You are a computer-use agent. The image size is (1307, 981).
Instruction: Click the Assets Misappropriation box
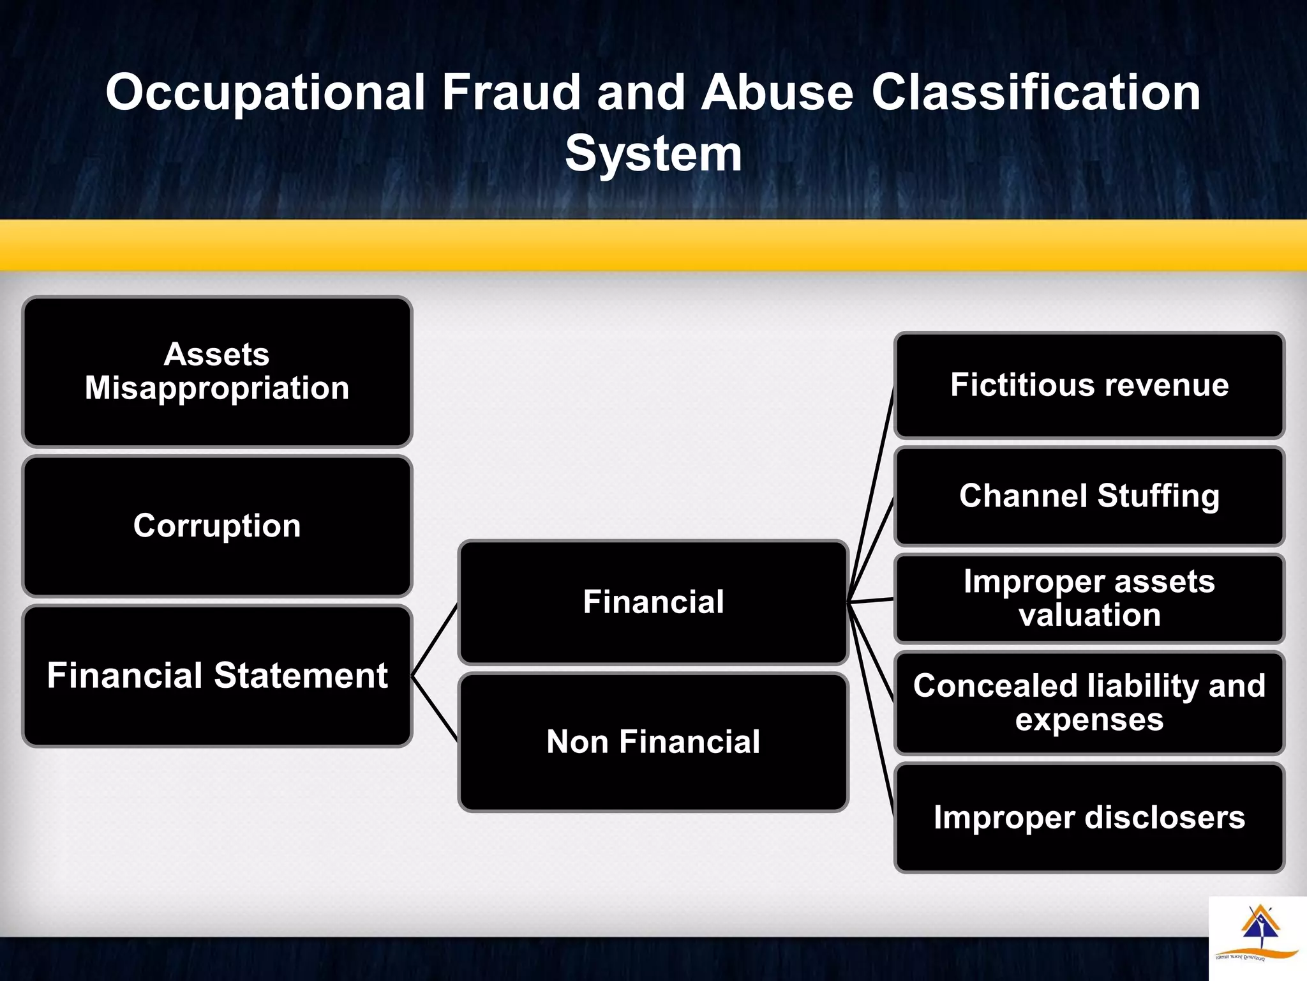217,371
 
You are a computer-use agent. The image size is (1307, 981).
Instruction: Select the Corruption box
217,526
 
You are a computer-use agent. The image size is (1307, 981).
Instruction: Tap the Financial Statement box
217,676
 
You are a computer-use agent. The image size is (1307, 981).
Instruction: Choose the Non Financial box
653,741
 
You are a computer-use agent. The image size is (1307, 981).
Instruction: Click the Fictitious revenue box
1089,385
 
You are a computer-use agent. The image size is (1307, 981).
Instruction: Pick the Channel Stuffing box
1089,496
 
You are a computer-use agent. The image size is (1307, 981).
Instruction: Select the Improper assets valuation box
1089,598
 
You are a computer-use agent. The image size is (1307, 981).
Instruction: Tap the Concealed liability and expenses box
1089,703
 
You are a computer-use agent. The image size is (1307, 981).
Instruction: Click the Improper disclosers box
1089,817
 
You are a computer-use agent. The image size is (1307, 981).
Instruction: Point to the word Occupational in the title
265,93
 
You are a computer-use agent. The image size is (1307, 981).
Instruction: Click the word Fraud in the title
511,92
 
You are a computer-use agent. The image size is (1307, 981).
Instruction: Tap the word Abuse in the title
777,92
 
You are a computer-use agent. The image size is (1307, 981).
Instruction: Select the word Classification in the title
1035,92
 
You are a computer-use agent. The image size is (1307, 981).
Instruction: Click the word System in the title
653,154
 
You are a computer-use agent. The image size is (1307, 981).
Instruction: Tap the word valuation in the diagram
1089,615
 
